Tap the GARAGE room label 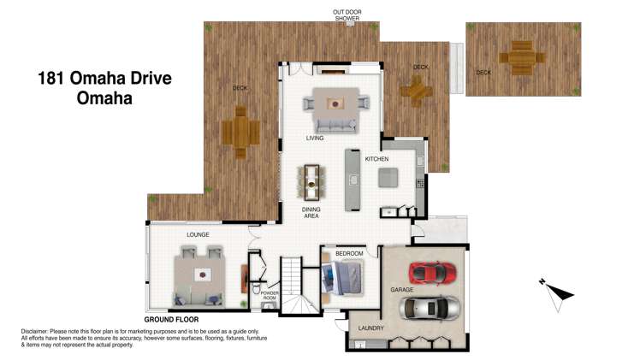(x=402, y=290)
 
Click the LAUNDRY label (x=370, y=328)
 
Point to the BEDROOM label (x=349, y=254)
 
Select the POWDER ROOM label (x=270, y=296)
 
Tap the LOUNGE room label (x=199, y=234)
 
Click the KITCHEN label (x=376, y=159)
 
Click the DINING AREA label (x=311, y=212)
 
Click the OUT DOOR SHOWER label (x=347, y=15)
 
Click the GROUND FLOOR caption (x=171, y=319)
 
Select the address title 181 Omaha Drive (x=104, y=79)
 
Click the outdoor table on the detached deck (x=521, y=59)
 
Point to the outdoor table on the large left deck (x=240, y=133)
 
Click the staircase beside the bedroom (x=300, y=287)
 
